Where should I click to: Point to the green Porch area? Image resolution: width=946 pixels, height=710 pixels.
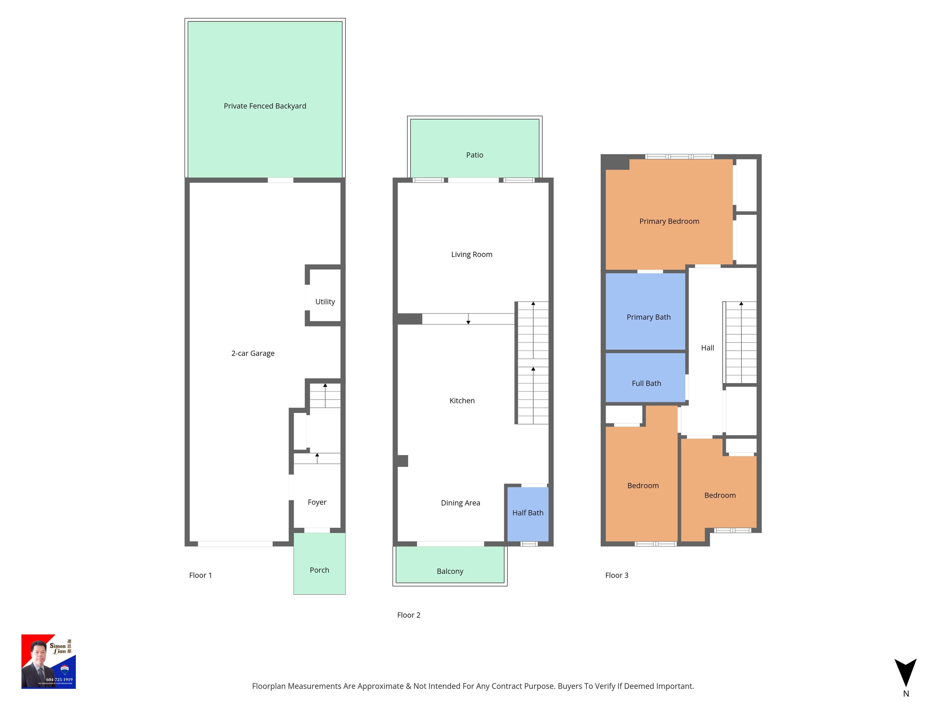[x=320, y=570]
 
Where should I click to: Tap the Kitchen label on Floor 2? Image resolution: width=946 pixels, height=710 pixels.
[x=462, y=401]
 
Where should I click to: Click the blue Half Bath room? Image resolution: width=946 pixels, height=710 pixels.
[x=528, y=513]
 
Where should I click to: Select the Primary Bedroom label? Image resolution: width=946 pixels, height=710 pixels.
[x=669, y=221]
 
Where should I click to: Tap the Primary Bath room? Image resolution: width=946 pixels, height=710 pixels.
[x=648, y=317]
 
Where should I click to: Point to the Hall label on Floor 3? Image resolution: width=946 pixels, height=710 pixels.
[x=707, y=348]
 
